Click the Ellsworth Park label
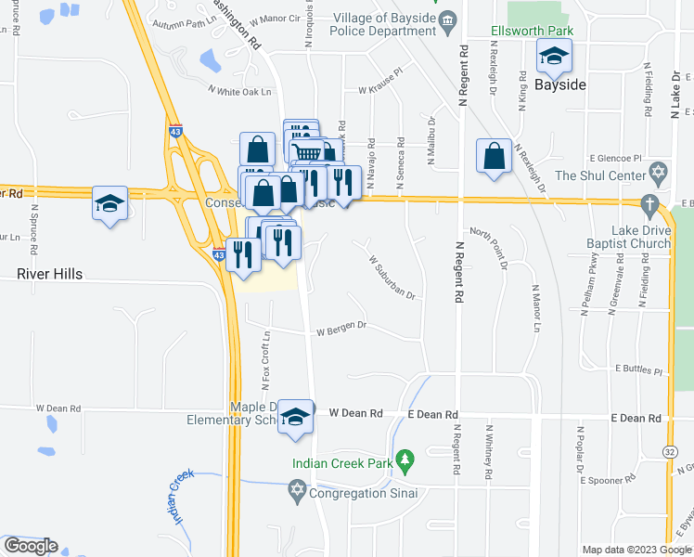[x=532, y=31]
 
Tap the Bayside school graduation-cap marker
[x=554, y=58]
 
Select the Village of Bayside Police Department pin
[x=447, y=19]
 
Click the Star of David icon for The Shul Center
[x=659, y=174]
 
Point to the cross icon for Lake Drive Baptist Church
[x=650, y=203]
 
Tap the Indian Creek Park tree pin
[x=404, y=460]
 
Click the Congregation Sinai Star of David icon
[x=298, y=490]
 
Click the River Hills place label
[x=50, y=274]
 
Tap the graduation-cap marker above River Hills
[x=109, y=203]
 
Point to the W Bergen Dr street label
[x=342, y=328]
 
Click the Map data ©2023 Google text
[x=636, y=550]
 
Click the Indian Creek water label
[x=182, y=498]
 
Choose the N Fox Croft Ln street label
[x=265, y=360]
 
